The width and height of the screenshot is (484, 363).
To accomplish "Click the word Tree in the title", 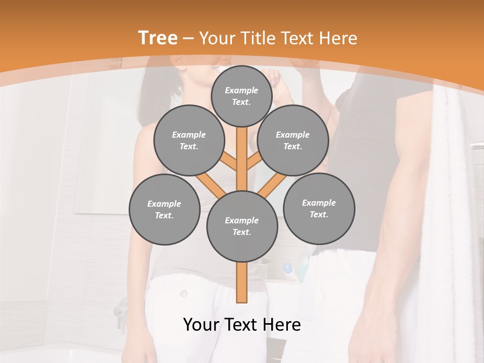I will point(158,38).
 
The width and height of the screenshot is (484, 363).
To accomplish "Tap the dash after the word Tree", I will point(189,38).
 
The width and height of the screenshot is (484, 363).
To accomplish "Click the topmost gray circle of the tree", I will point(241,96).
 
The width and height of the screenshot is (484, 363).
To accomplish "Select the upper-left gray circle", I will point(189,140).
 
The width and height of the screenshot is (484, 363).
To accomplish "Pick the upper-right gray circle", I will point(292,140).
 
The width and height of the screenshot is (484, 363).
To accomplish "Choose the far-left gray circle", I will point(164,209).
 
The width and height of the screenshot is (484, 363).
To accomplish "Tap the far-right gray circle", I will point(319,208).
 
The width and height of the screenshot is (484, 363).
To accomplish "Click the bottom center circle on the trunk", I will point(241,226).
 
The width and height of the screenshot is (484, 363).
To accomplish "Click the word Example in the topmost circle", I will point(241,90).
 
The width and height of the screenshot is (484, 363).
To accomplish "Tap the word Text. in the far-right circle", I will point(319,214).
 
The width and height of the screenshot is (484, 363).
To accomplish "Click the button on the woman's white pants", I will point(184,293).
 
